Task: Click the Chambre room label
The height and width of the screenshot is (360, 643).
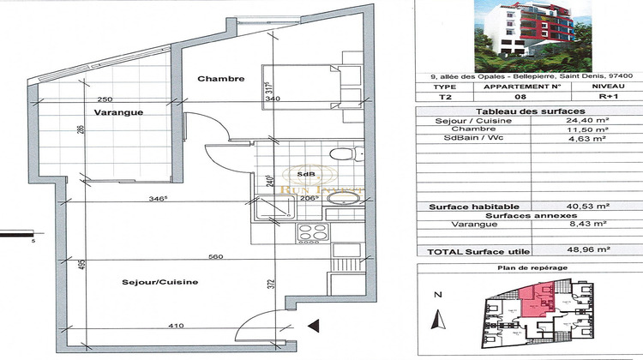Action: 221,79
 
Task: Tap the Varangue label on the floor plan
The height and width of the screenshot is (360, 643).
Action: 118,112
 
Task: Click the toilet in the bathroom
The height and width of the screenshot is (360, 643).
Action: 343,153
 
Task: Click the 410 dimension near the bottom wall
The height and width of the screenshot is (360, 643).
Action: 176,326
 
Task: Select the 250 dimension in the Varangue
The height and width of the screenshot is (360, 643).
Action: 106,99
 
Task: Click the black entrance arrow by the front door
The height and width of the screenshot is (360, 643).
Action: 313,325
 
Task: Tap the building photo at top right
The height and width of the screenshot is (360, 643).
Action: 527,36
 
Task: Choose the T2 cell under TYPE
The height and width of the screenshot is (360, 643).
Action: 444,97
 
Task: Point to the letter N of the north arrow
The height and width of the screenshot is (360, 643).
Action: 436,294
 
